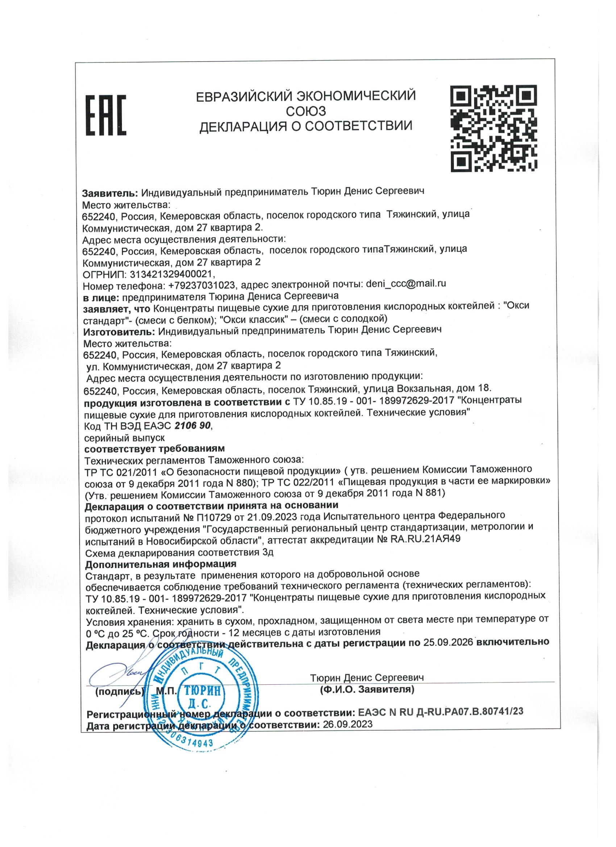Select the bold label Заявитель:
coord(110,193)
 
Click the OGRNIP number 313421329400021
coord(171,275)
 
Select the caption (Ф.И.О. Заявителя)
coord(367,690)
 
